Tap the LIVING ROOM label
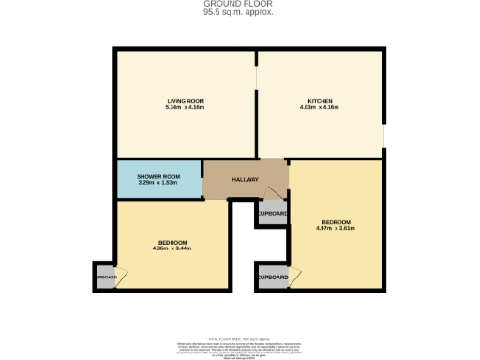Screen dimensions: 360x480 [186, 100]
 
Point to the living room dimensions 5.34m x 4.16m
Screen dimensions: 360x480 [186, 107]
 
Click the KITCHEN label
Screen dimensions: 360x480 [321, 100]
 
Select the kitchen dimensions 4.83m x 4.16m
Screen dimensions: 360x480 [321, 107]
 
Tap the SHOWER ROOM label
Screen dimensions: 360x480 [158, 176]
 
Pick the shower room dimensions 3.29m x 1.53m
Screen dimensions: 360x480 [158, 182]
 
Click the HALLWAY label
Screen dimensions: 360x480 [245, 179]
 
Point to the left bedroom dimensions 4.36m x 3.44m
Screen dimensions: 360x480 [172, 249]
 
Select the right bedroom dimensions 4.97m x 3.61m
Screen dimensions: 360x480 [335, 228]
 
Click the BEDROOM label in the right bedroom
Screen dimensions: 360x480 [335, 221]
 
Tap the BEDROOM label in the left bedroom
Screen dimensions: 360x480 [172, 243]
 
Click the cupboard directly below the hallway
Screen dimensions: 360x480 [272, 214]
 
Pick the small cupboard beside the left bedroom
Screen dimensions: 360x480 [104, 277]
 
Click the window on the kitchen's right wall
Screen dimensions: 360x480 [382, 138]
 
